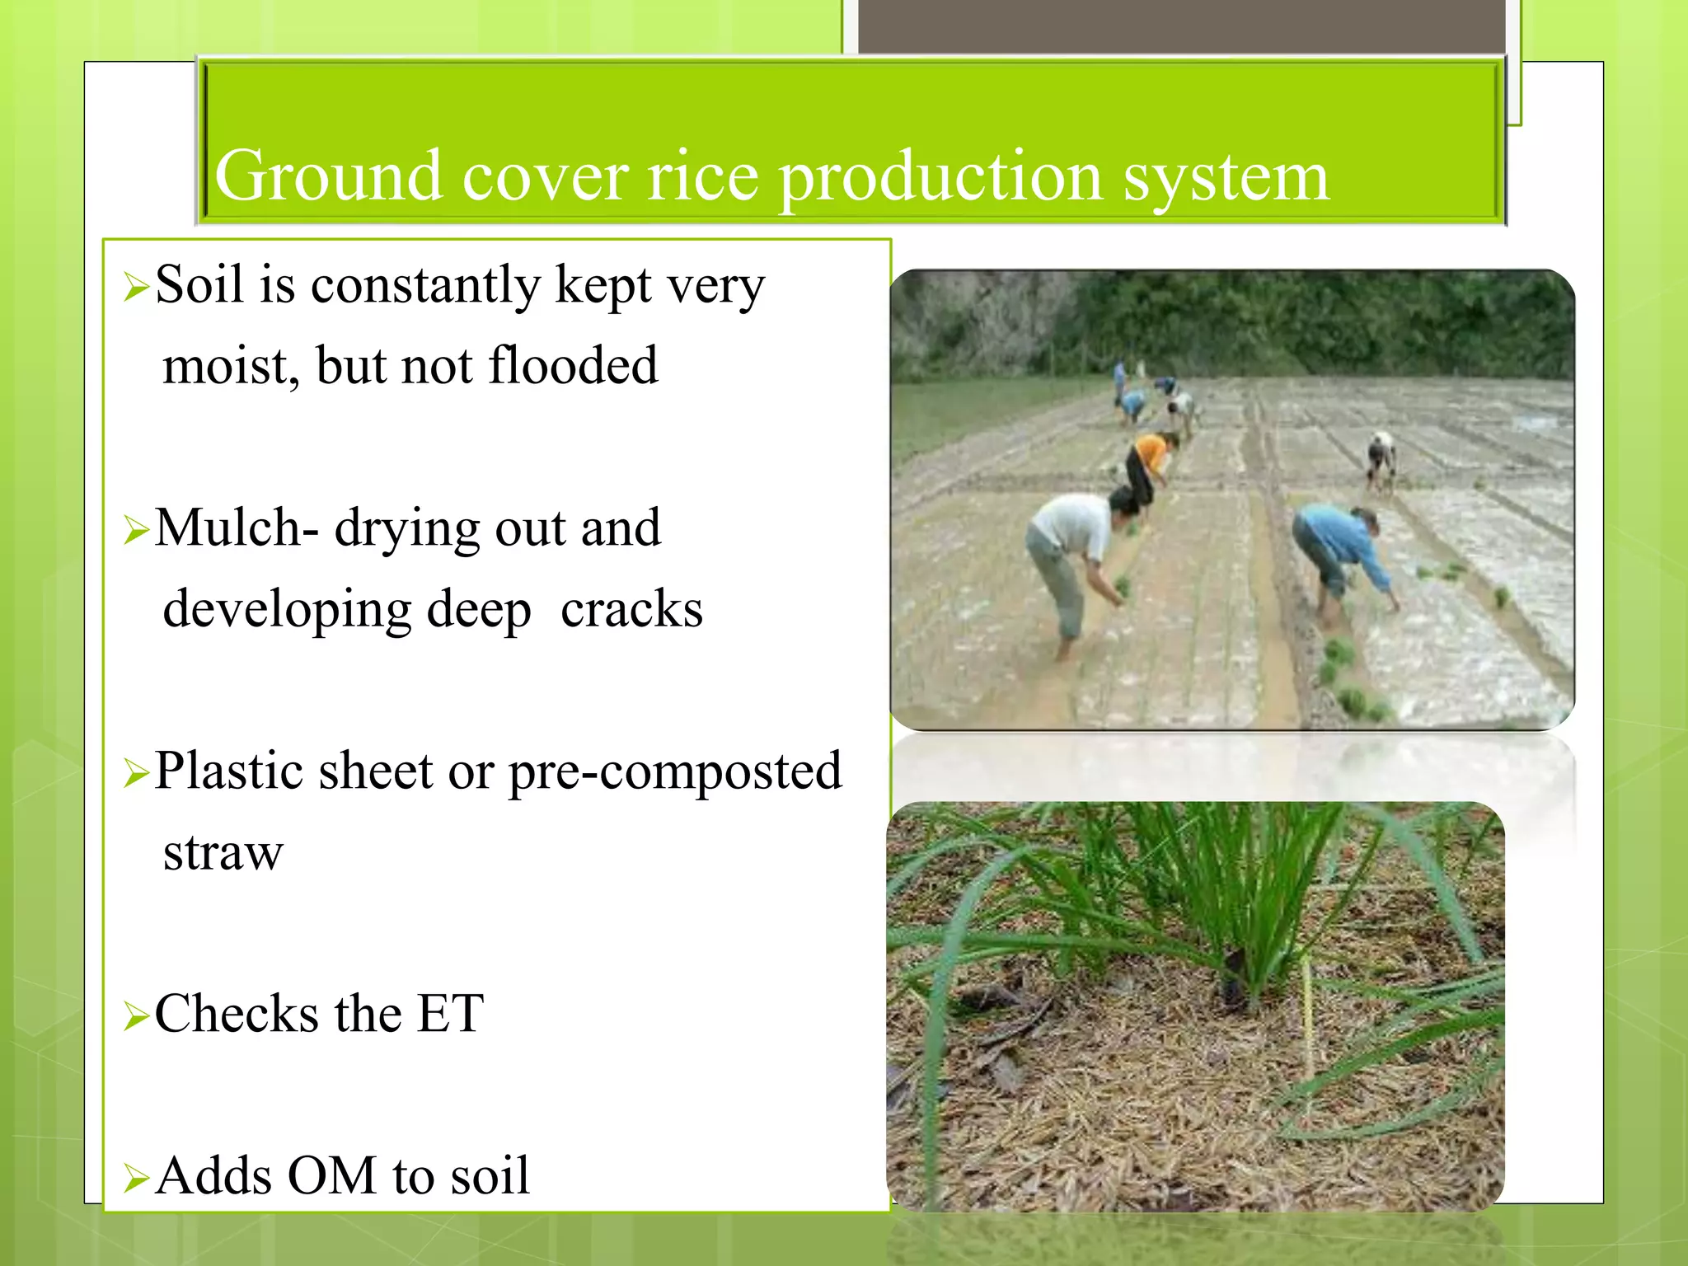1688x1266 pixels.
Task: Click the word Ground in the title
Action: (327, 176)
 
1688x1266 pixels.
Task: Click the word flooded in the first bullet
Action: (574, 365)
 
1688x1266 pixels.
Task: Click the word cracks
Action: (631, 609)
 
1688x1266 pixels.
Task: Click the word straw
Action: (223, 851)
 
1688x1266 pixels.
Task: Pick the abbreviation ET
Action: (450, 1013)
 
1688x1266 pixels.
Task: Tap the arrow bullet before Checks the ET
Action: (135, 1015)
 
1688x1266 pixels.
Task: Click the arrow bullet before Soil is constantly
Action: (135, 287)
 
